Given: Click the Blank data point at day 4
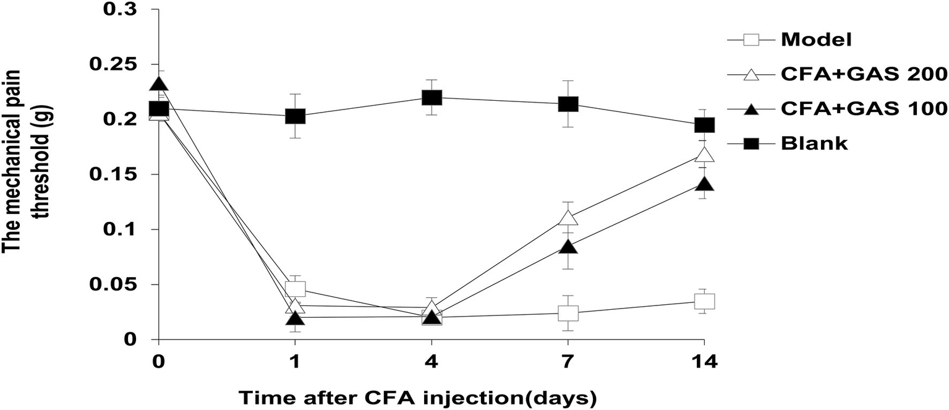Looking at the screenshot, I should pos(432,98).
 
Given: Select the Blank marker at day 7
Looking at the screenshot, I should pos(568,104).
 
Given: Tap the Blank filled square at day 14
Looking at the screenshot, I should pos(704,125).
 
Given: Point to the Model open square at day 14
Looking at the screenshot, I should pos(704,301).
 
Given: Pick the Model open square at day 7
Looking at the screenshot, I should pos(568,313).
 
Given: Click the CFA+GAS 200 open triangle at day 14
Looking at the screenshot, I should pos(704,155).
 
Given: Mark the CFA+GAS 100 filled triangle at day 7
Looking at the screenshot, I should pos(568,247).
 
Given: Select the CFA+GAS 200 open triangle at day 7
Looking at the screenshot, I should pos(568,218).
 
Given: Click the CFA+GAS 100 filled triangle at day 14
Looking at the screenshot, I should pos(704,184).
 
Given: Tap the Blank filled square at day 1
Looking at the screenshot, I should pos(296,116).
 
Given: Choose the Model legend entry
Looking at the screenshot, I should pos(816,40).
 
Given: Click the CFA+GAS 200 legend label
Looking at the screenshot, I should pos(864,74).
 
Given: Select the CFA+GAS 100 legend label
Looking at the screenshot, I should pos(864,108).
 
